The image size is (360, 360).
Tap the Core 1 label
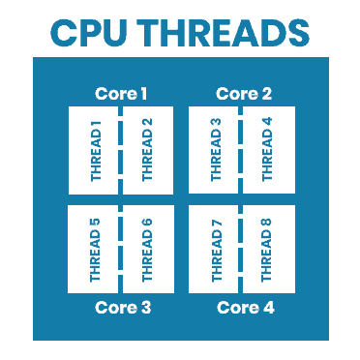click(121, 94)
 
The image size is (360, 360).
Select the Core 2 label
click(243, 94)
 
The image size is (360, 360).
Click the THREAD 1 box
click(94, 150)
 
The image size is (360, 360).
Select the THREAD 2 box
click(147, 150)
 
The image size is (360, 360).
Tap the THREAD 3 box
click(215, 150)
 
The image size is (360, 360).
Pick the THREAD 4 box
click(268, 150)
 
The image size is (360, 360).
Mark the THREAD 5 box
click(94, 249)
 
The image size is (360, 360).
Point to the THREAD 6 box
click(147, 249)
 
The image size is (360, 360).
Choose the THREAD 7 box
click(215, 249)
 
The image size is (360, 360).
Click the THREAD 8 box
click(268, 249)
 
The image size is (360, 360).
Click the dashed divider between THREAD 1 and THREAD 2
click(121, 150)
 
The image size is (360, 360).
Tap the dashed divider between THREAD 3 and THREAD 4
click(242, 150)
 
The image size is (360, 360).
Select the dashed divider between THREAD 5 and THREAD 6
click(121, 249)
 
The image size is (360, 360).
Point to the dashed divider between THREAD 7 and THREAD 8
click(242, 249)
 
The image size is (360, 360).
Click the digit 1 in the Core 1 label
click(143, 94)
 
